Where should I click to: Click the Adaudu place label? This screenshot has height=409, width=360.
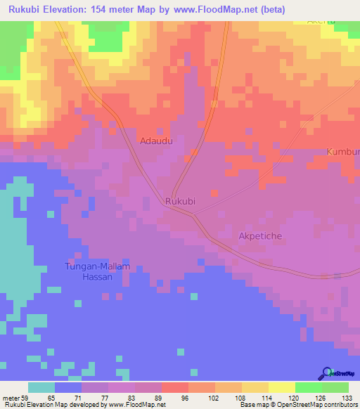(157, 141)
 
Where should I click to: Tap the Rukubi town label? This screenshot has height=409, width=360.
(179, 201)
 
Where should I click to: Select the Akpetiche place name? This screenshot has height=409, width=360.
(260, 236)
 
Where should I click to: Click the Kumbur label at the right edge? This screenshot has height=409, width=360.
(343, 152)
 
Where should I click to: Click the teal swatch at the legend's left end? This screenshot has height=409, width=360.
(41, 387)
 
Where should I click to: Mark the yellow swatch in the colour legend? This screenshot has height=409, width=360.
(281, 387)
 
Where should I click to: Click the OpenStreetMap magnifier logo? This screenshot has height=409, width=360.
(326, 373)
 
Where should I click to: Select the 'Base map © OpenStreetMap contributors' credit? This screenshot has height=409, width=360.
(297, 404)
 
